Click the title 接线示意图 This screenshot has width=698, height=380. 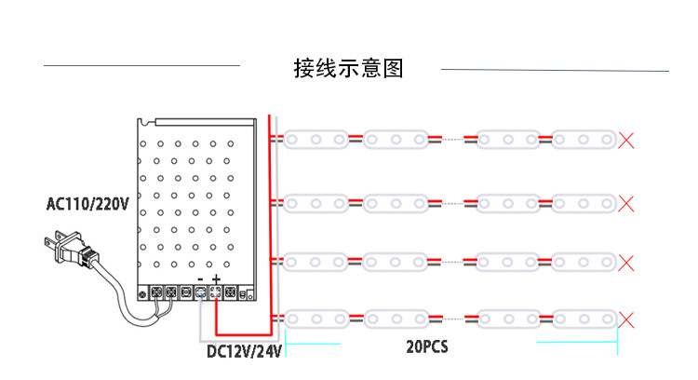[348, 68]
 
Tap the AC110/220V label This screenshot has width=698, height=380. [87, 203]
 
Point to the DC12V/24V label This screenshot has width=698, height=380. [243, 351]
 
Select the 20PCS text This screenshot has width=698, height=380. [427, 346]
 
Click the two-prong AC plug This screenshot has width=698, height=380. [65, 250]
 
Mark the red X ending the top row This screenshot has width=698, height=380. [627, 141]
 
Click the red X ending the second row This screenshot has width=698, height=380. [627, 202]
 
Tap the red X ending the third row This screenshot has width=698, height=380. [627, 262]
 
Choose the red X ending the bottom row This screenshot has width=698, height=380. [627, 321]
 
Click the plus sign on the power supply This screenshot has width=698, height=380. [216, 279]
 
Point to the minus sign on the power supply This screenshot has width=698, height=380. [200, 279]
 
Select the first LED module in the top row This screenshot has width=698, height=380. [315, 141]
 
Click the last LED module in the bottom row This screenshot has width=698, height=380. [583, 321]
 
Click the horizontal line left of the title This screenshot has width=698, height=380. [141, 66]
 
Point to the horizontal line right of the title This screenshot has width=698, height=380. [555, 70]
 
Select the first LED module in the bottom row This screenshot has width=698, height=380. [315, 321]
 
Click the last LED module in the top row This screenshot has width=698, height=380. [583, 141]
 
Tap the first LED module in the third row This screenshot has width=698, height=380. [315, 262]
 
